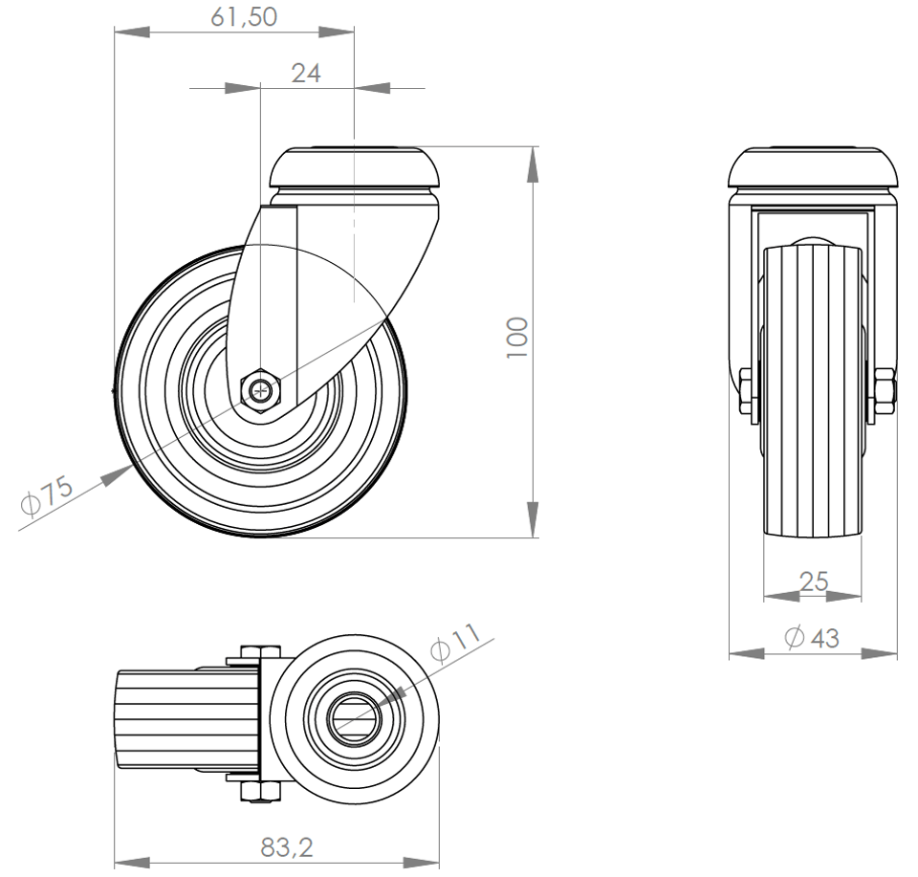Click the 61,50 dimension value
pyautogui.click(x=244, y=17)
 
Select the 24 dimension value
pyautogui.click(x=306, y=74)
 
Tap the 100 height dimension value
pyautogui.click(x=517, y=338)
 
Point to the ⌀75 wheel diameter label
pyautogui.click(x=47, y=495)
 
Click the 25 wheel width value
pyautogui.click(x=814, y=581)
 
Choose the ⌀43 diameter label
pyautogui.click(x=812, y=637)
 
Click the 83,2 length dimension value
pyautogui.click(x=287, y=847)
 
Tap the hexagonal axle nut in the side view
pyautogui.click(x=261, y=390)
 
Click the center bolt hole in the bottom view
pyautogui.click(x=353, y=720)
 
